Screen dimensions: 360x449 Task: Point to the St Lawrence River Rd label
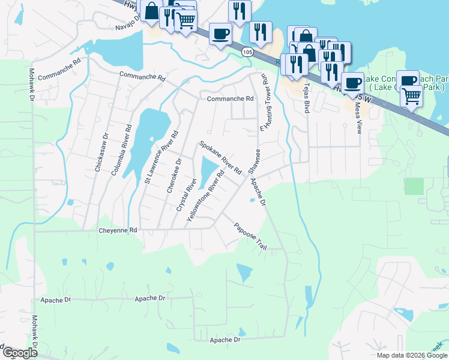pyautogui.click(x=161, y=157)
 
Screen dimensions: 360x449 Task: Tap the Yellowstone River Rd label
pyautogui.click(x=205, y=196)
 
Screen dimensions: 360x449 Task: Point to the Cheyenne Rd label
pyautogui.click(x=118, y=230)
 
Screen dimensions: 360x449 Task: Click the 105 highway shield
pyautogui.click(x=248, y=52)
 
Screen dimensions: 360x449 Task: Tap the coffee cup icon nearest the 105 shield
pyautogui.click(x=221, y=33)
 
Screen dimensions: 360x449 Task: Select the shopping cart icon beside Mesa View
pyautogui.click(x=411, y=95)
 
